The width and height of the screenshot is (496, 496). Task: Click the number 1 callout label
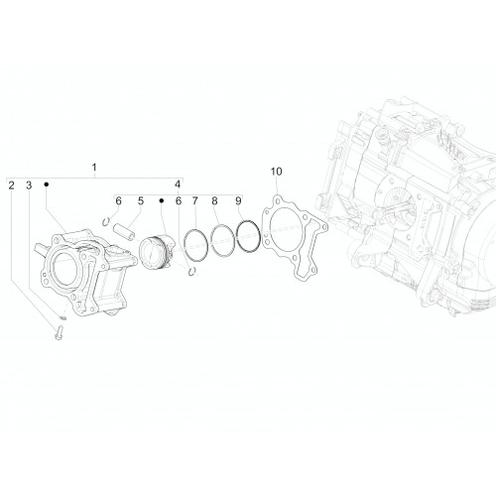click(94, 167)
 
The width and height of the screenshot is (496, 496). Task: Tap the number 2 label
click(12, 186)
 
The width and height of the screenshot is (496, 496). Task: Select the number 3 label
click(29, 186)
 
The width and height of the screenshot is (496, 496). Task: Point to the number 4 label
click(178, 185)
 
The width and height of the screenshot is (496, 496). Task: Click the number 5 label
click(141, 200)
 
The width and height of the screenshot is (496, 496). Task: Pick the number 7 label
click(195, 200)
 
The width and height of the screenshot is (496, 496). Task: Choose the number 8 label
click(215, 200)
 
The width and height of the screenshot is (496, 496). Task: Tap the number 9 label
click(238, 200)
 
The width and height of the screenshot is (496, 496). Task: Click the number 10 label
click(277, 172)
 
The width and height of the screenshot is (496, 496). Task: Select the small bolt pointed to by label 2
click(60, 332)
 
